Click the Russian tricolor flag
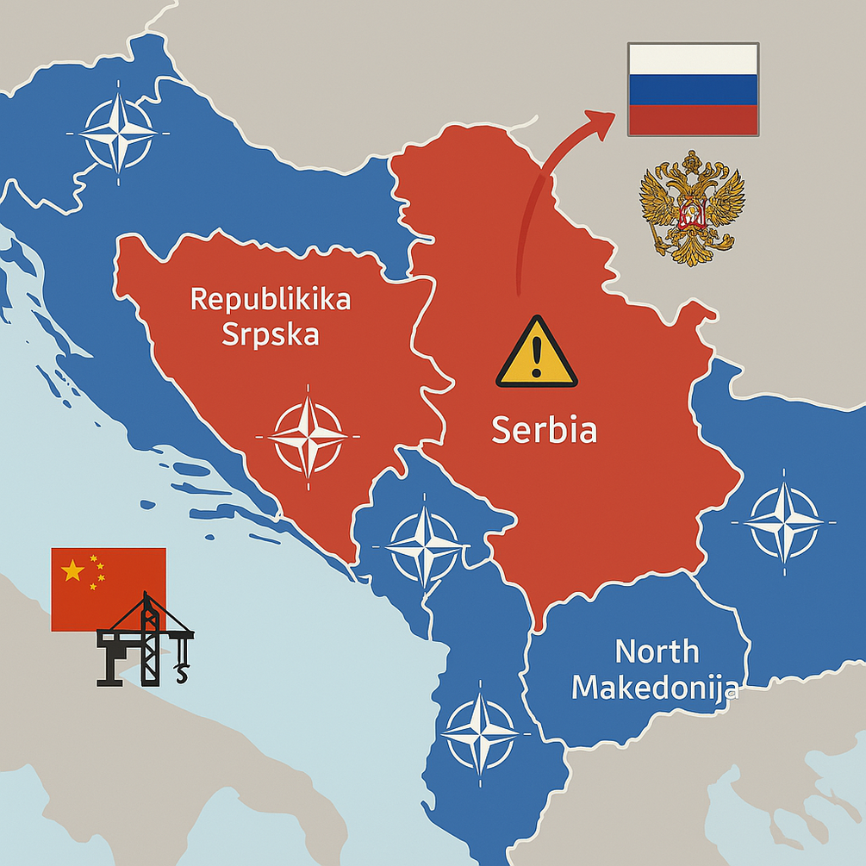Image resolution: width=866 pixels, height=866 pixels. (693, 89)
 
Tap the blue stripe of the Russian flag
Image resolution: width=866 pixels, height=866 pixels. (693, 89)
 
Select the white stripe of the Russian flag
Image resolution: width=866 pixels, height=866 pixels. (693, 59)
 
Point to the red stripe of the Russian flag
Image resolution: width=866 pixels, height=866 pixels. (693, 119)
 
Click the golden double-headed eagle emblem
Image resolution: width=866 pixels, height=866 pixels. (691, 208)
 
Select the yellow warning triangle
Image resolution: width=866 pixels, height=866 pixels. (536, 352)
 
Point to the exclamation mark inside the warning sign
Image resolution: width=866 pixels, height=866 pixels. (536, 354)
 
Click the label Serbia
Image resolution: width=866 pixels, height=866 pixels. (544, 430)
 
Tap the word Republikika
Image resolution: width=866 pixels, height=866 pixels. (270, 300)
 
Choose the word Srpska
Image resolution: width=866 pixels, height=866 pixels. (270, 333)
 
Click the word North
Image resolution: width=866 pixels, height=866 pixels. (657, 651)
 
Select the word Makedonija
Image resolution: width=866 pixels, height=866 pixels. (655, 688)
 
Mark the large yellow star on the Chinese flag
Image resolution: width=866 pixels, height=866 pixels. (72, 570)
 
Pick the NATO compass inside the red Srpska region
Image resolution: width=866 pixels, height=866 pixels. (308, 436)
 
